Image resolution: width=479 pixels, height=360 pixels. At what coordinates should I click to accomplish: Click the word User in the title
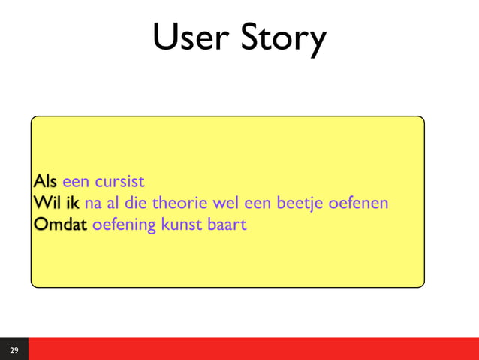tap(191, 38)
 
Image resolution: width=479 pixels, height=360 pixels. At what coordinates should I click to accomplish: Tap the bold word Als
tap(45, 182)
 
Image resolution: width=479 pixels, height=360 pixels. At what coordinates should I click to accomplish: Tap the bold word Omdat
tap(61, 224)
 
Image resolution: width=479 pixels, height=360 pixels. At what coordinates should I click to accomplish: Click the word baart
tap(227, 224)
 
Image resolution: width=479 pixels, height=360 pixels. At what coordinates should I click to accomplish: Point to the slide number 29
tap(14, 349)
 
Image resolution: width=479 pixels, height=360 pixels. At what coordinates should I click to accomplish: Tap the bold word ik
tap(72, 203)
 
